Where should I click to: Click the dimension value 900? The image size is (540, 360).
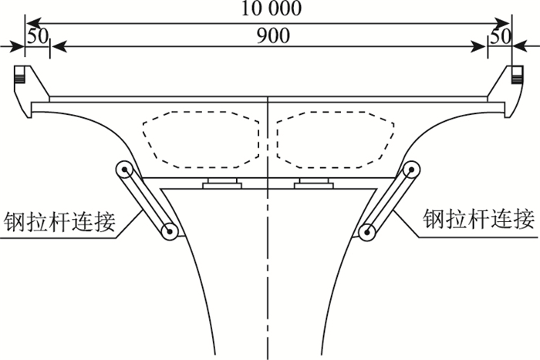(x=269, y=36)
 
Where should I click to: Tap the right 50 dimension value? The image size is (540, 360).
(x=501, y=36)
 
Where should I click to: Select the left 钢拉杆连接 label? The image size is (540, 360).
(x=60, y=220)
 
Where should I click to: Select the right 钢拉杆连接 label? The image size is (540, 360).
(x=479, y=220)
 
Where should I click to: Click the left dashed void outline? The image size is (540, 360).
(x=198, y=139)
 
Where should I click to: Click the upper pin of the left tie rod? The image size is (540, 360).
(x=123, y=169)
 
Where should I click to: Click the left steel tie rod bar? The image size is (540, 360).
(x=147, y=200)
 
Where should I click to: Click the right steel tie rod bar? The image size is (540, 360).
(x=390, y=200)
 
